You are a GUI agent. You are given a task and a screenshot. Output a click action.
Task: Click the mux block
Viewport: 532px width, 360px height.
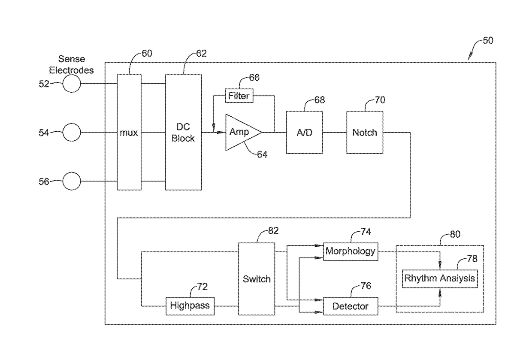point(129,132)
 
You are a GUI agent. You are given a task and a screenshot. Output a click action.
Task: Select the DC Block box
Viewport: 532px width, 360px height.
point(183,132)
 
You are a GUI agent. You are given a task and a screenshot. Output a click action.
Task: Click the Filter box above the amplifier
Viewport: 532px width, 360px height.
point(239,96)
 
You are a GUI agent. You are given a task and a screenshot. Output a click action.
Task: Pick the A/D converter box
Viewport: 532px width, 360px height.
point(304,132)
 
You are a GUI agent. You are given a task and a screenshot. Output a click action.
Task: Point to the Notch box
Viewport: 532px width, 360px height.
point(365,132)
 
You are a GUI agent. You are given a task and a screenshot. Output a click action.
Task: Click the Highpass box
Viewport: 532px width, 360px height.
point(190,306)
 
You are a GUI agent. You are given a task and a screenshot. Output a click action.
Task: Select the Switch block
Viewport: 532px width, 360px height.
point(257,279)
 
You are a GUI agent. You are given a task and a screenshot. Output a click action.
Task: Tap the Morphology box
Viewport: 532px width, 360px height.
point(351,251)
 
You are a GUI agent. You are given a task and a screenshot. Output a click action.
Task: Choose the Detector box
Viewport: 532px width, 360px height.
point(351,306)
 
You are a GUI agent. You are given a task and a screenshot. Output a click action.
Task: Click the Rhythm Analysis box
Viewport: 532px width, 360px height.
point(440,279)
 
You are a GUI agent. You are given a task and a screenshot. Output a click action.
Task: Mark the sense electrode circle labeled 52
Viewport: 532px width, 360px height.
point(72,84)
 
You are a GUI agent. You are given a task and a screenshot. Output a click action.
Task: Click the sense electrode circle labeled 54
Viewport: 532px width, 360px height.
point(72,132)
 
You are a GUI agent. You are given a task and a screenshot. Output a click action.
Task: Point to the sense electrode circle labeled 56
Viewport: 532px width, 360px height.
point(72,181)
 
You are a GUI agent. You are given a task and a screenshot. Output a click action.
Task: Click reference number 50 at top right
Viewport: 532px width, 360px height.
point(488,41)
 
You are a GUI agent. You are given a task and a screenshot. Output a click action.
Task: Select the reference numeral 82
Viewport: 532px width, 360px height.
point(273,231)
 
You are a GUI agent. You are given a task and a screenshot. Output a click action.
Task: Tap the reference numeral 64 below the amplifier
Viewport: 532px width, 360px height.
point(262,154)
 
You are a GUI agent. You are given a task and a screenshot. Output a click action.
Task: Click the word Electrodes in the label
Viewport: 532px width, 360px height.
point(71,70)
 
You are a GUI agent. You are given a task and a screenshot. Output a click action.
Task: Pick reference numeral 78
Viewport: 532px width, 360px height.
point(472,259)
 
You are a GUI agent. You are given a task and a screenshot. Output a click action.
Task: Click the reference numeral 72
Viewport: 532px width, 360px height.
point(203,287)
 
